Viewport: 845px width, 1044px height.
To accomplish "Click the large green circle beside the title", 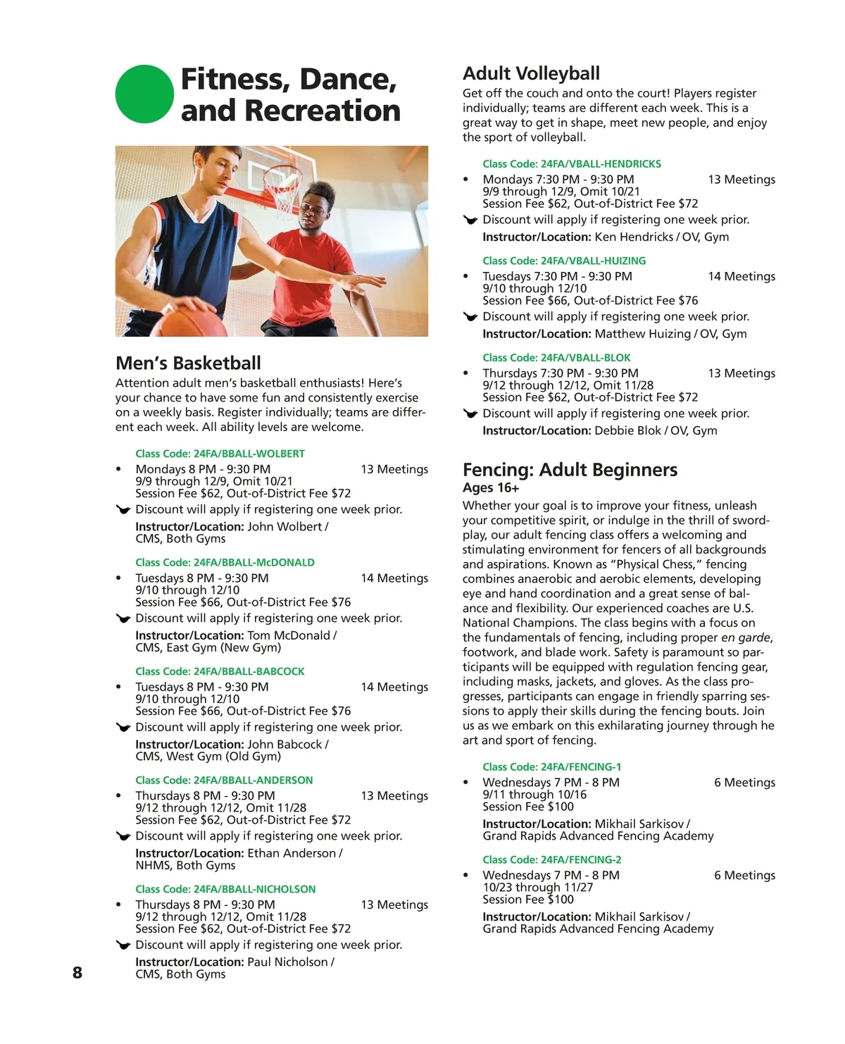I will click(x=144, y=94).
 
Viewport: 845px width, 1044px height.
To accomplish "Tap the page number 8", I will click(x=77, y=973).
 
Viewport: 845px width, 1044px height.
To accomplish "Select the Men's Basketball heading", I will click(x=188, y=363).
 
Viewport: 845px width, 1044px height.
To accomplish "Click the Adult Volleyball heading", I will click(x=531, y=74).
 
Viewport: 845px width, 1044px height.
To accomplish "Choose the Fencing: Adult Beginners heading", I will click(x=570, y=470).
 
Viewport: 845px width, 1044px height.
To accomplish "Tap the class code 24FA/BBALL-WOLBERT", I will click(x=220, y=454).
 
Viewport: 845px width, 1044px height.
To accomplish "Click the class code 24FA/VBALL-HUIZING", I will click(x=564, y=261).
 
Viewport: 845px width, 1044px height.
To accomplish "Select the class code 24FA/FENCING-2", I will click(x=551, y=859).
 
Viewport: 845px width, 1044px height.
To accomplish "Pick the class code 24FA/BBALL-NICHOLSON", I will click(x=225, y=889).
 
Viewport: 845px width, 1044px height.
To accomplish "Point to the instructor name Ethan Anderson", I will click(x=292, y=853).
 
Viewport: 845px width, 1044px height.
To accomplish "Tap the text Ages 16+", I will click(x=491, y=488).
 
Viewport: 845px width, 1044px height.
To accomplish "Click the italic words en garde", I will click(x=745, y=638).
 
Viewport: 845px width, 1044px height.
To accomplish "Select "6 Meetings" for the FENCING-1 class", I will click(x=744, y=783).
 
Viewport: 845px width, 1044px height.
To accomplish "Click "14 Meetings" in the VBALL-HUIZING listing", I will click(x=741, y=277).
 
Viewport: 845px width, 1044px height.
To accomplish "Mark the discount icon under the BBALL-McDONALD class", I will click(x=123, y=619).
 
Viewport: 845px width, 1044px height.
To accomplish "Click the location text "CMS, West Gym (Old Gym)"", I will click(x=208, y=757).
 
